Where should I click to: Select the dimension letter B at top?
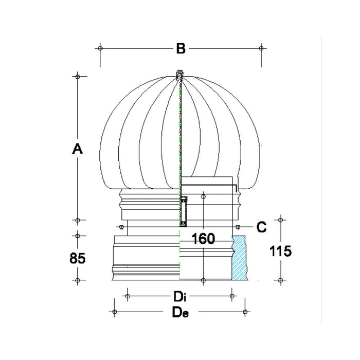click(x=180, y=49)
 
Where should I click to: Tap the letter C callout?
click(x=261, y=227)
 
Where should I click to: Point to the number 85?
click(x=77, y=258)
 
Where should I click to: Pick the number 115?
click(x=280, y=250)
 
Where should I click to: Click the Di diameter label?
click(x=179, y=296)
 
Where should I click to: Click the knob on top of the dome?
click(x=179, y=75)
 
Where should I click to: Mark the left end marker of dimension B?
click(x=100, y=48)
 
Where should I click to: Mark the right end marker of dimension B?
click(x=262, y=48)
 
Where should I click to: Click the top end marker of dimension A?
click(x=77, y=77)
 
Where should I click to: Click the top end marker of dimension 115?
click(x=280, y=220)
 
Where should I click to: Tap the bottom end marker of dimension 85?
click(x=77, y=280)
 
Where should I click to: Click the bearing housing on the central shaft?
click(x=183, y=211)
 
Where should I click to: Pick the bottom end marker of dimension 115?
click(x=280, y=280)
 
